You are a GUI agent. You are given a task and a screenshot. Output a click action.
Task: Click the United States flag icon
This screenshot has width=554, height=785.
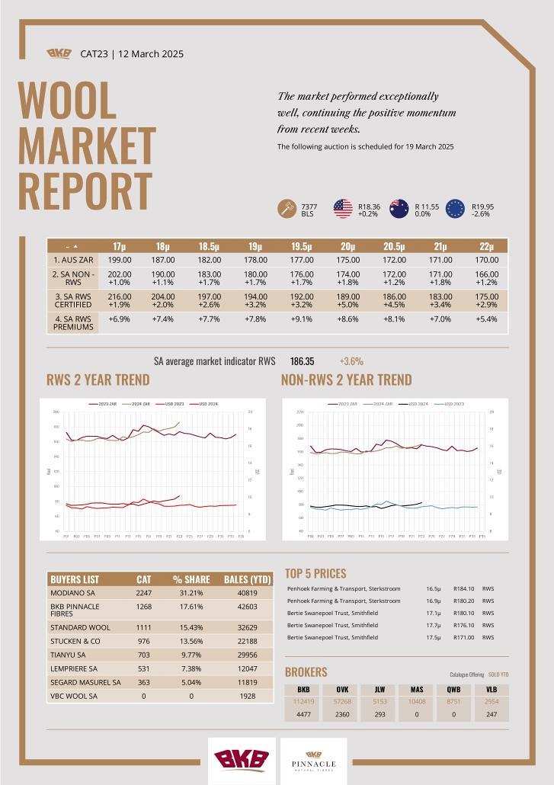343,209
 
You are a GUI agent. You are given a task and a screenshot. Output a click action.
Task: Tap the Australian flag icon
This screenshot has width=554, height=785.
399,209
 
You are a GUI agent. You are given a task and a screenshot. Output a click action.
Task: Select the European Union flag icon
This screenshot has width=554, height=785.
456,209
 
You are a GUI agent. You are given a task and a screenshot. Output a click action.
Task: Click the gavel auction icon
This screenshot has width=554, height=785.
287,209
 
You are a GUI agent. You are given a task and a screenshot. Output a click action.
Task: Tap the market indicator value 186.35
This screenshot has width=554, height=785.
303,361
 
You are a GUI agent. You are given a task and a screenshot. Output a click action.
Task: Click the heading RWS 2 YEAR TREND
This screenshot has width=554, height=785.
98,380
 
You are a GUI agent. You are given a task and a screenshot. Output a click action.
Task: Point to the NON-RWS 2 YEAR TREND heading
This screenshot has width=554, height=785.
346,380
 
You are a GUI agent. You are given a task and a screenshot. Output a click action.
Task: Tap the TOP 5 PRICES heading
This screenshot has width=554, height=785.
315,573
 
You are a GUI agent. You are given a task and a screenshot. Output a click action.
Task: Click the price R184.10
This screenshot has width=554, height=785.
464,588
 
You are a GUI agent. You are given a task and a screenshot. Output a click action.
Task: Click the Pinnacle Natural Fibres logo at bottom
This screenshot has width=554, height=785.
314,760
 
